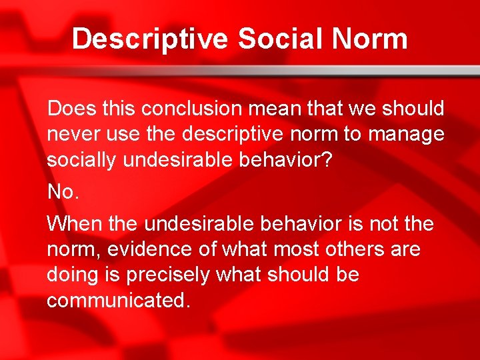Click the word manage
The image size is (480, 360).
coord(405,134)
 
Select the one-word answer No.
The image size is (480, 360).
coord(63,192)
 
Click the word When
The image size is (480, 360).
coord(75,224)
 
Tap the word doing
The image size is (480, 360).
coord(73,275)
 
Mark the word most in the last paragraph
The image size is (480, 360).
coord(284,249)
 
